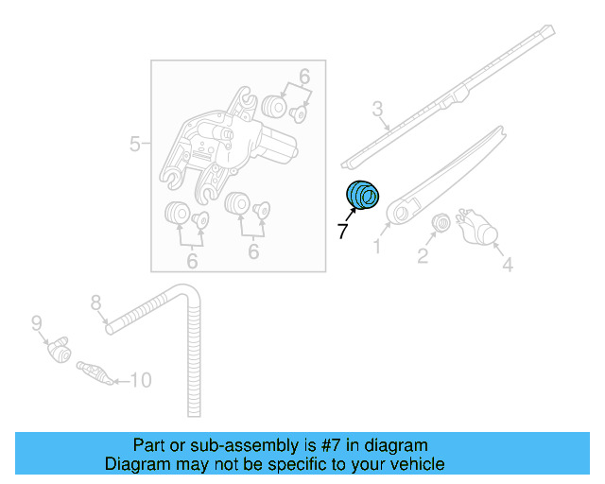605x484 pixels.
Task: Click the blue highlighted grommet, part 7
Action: [x=362, y=196]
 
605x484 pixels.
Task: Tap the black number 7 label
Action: [x=343, y=230]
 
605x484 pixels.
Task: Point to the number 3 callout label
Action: [x=377, y=110]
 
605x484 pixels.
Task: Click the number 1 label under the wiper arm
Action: [x=376, y=247]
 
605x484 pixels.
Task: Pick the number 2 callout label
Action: [x=423, y=255]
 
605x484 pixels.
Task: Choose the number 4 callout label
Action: [x=507, y=266]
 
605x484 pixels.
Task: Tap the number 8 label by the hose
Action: [x=95, y=302]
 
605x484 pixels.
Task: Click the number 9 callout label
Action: [x=37, y=322]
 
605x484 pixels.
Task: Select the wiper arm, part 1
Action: [x=444, y=175]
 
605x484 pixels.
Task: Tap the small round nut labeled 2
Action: [x=440, y=223]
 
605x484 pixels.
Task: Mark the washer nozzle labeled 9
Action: [x=60, y=351]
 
